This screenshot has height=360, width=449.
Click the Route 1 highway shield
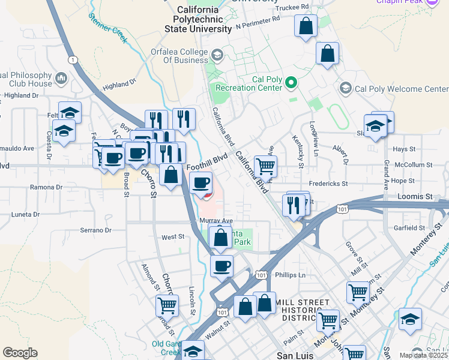73,59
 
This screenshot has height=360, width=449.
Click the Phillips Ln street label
290,275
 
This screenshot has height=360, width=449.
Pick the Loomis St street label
415,196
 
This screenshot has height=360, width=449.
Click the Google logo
20,353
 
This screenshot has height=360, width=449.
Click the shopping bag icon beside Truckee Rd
306,26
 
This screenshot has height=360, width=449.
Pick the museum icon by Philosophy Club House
61,78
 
